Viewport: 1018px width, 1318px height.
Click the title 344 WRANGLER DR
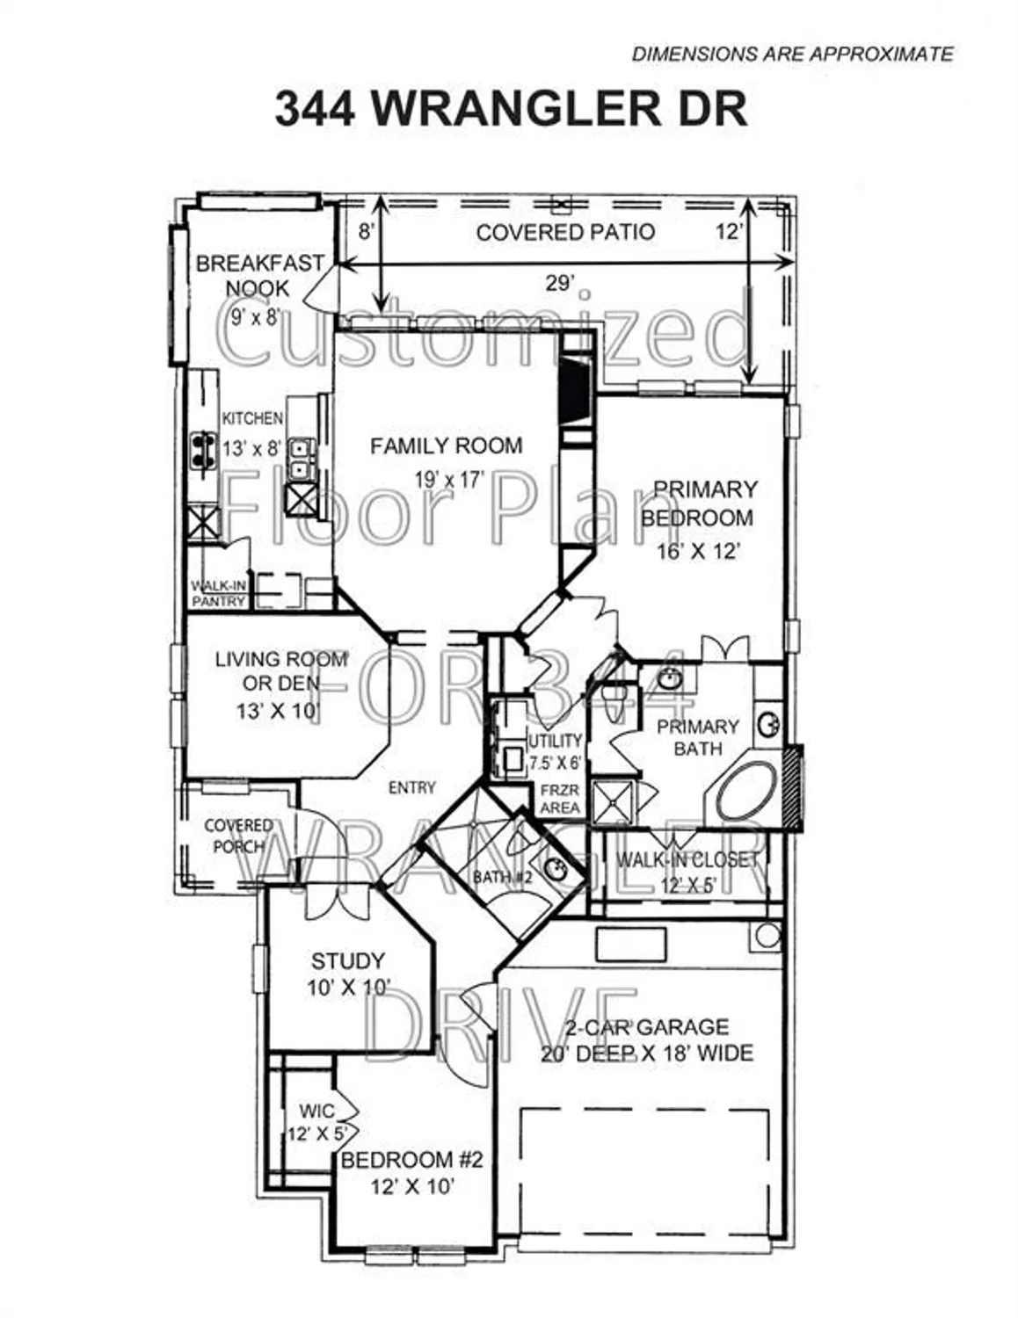pyautogui.click(x=511, y=110)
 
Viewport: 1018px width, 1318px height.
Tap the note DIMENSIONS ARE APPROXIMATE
pyautogui.click(x=792, y=54)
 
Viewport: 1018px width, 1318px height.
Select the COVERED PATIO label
pyautogui.click(x=565, y=232)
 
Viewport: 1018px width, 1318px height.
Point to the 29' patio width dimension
pyautogui.click(x=560, y=282)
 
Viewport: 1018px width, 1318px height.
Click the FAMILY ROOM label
pyautogui.click(x=446, y=446)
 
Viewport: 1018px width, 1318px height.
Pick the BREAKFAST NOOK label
pyautogui.click(x=258, y=276)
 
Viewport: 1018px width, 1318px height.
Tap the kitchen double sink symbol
pyautogui.click(x=302, y=460)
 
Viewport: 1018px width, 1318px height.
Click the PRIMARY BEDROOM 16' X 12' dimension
pyautogui.click(x=698, y=551)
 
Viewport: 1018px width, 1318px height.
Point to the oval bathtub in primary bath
pyautogui.click(x=746, y=791)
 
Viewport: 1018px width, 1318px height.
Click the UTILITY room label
pyautogui.click(x=555, y=741)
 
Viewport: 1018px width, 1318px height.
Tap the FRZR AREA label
pyautogui.click(x=560, y=799)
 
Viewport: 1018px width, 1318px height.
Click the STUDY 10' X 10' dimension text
pyautogui.click(x=348, y=988)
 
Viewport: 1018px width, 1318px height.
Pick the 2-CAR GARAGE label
pyautogui.click(x=647, y=1026)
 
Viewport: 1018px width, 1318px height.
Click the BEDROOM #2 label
pyautogui.click(x=411, y=1160)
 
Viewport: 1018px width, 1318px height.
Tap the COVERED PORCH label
pyautogui.click(x=238, y=836)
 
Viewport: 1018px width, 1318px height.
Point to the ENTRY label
pyautogui.click(x=411, y=788)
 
